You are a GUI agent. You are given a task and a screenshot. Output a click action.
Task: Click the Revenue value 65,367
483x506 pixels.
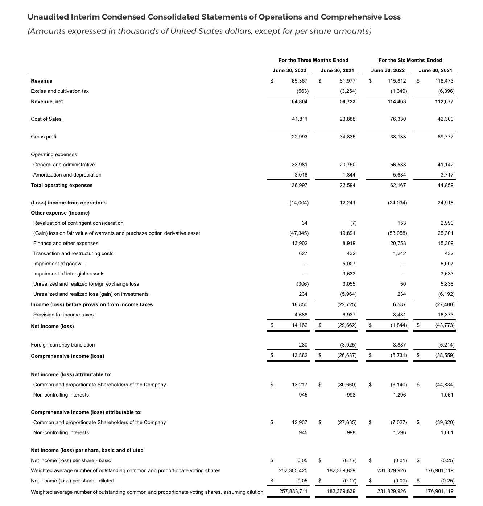click(x=300, y=81)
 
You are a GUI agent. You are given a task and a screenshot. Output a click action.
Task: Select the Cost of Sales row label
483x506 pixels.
click(x=46, y=119)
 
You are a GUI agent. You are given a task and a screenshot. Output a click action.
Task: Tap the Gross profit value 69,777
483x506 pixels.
click(x=446, y=137)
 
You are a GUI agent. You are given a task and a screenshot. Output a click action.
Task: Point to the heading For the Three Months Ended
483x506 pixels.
click(x=313, y=60)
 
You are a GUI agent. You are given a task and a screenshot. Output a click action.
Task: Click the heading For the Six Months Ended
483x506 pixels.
click(x=410, y=60)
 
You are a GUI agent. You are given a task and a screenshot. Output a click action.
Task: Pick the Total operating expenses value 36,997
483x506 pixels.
click(x=300, y=185)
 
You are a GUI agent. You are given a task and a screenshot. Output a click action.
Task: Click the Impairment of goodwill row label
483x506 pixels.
click(x=59, y=264)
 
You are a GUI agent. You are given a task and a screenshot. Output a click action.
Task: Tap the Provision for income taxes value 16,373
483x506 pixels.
click(x=446, y=315)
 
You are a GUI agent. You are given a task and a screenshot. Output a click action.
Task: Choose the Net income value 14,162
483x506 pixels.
click(x=300, y=325)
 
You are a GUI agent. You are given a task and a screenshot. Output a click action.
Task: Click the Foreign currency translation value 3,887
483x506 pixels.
click(x=399, y=345)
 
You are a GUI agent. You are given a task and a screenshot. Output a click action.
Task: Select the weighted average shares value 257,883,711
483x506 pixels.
click(x=293, y=491)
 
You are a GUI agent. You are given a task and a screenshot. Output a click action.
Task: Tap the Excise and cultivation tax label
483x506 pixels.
click(x=60, y=91)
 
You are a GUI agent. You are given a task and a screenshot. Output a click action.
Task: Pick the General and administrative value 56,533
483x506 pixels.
click(x=398, y=165)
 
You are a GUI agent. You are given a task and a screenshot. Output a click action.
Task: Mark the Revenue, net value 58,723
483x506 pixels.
click(x=347, y=101)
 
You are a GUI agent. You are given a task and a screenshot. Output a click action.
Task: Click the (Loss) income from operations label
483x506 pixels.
click(x=69, y=203)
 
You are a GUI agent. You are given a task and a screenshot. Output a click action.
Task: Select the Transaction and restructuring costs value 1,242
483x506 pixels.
click(x=399, y=253)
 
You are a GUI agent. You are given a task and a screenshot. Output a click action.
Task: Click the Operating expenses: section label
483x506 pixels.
click(x=54, y=154)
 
